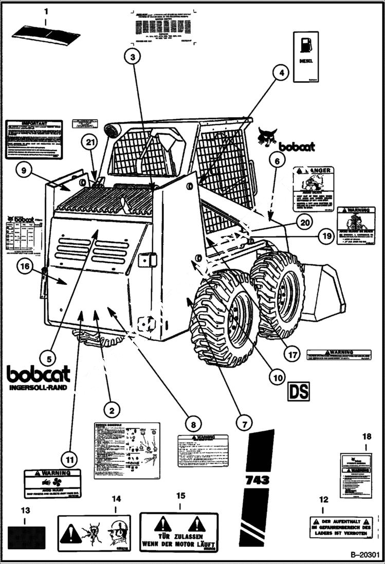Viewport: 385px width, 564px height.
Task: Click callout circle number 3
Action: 133,58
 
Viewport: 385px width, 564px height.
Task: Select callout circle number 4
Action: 281,73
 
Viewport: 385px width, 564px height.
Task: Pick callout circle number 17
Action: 292,354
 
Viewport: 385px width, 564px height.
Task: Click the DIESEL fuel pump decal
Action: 306,57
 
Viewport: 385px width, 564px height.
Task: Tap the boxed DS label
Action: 298,391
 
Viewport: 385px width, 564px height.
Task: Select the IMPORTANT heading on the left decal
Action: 33,124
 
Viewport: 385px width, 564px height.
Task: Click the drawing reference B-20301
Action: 365,555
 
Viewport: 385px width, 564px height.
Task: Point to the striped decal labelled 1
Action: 46,35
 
